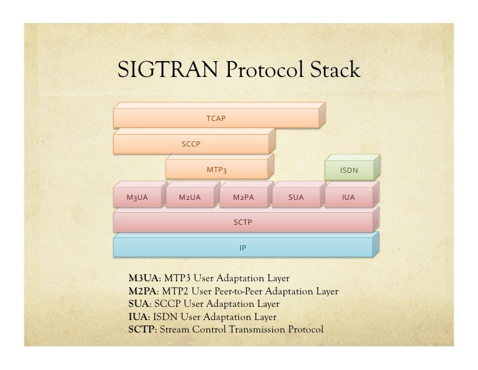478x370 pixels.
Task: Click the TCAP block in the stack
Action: (x=216, y=118)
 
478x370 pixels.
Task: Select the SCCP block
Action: (x=191, y=144)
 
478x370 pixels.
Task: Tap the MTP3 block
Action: (x=217, y=170)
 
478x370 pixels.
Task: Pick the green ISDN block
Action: (x=349, y=170)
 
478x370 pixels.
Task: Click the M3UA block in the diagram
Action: (x=137, y=197)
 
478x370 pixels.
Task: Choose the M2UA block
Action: (x=189, y=197)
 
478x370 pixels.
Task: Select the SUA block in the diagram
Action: (x=295, y=197)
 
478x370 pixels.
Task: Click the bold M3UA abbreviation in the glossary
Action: (x=139, y=279)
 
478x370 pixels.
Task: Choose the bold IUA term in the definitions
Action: (x=133, y=317)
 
